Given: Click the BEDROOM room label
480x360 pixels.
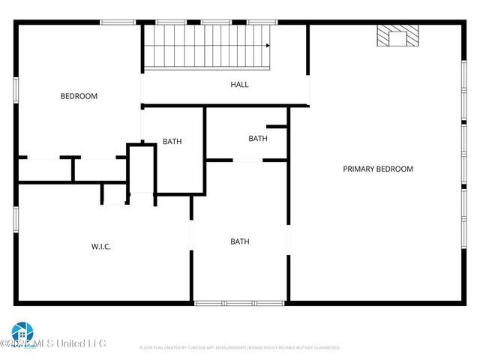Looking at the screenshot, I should tap(79, 96).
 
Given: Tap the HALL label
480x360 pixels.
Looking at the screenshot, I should tap(239, 85).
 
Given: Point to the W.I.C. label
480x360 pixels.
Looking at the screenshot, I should tap(101, 246).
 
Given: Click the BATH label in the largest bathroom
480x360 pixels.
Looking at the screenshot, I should tap(240, 241).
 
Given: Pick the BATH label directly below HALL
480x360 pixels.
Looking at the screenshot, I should tap(258, 138).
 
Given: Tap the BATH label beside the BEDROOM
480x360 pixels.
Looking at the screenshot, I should tap(172, 141).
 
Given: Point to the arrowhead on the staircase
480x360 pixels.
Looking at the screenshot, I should tap(266, 46).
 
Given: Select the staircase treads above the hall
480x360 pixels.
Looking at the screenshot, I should tap(206, 46).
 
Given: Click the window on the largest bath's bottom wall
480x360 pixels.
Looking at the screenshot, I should tap(239, 303).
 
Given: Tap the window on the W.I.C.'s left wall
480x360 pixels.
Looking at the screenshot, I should tap(16, 218).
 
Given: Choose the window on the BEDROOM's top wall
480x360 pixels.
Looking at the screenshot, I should tap(118, 22).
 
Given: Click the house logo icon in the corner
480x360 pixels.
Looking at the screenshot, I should tap(22, 332).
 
